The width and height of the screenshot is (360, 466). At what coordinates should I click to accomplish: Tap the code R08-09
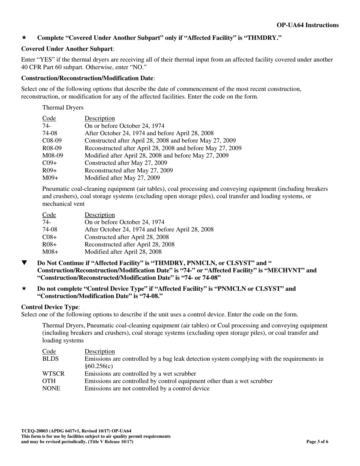51,148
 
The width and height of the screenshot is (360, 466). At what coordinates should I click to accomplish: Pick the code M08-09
52,155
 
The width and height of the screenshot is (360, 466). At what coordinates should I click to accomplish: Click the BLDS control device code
50,359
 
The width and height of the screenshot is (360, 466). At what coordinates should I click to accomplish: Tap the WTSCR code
53,374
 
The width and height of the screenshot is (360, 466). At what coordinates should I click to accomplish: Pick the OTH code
49,381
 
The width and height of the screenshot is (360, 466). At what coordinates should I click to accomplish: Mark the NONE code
51,388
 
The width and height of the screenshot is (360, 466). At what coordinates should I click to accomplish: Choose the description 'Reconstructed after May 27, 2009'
129,170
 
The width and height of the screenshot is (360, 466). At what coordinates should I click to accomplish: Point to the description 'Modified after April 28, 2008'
123,252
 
